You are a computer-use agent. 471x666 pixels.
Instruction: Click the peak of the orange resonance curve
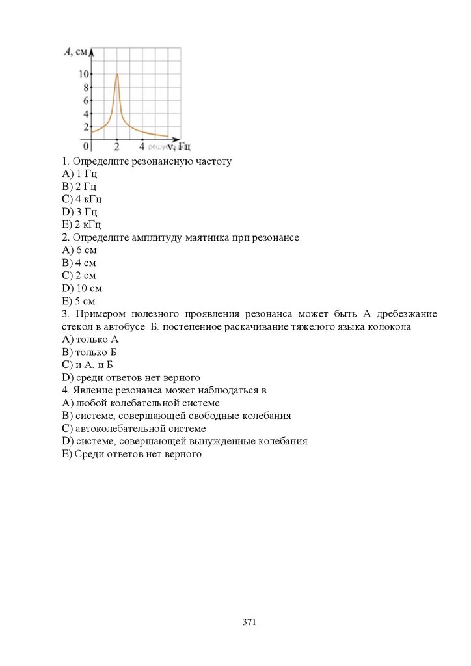[116, 74]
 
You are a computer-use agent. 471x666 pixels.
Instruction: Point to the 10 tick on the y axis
[84, 73]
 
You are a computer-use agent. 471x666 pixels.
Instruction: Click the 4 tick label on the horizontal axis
[142, 147]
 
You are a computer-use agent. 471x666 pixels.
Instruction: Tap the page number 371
[249, 622]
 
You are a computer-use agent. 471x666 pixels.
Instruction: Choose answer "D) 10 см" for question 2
[82, 288]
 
